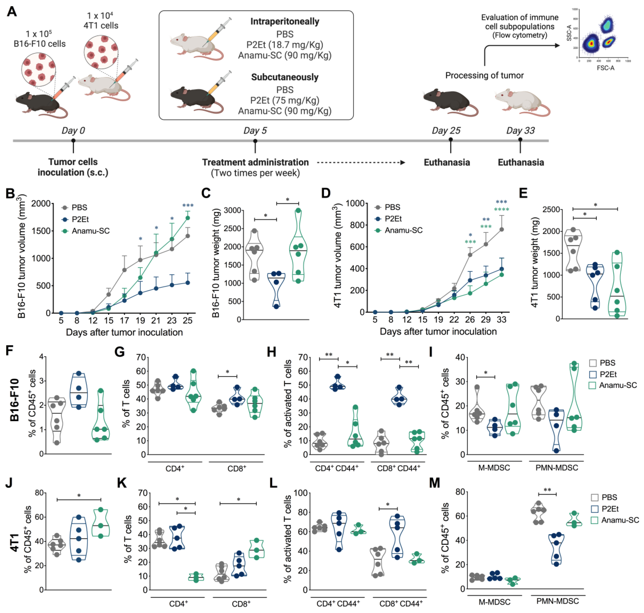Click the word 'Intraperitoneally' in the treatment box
[285, 21]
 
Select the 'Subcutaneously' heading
[285, 77]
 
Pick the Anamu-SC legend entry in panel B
[91, 231]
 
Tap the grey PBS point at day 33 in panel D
[502, 229]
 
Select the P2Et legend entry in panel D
[393, 219]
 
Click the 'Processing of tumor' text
[484, 75]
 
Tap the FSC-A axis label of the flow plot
[605, 68]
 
